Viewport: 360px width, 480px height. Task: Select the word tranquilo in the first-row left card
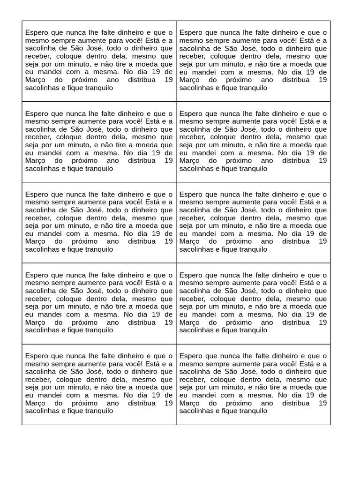[98, 88]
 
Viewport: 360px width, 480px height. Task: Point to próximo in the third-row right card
[239, 241]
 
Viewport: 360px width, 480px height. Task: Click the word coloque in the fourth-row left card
[69, 299]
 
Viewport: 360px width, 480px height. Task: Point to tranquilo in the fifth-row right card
[252, 411]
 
